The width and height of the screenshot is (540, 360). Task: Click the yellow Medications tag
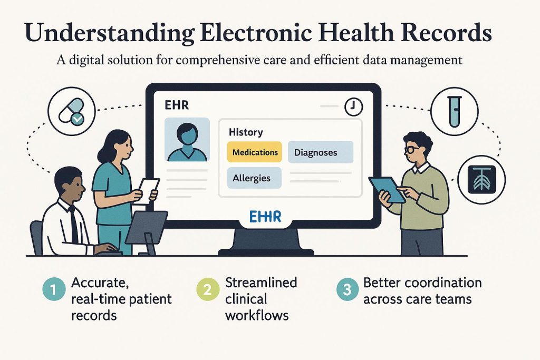(255, 152)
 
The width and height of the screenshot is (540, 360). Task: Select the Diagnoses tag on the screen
(315, 153)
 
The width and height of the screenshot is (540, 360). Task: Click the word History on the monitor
(246, 133)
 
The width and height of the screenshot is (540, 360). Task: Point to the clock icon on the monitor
(353, 107)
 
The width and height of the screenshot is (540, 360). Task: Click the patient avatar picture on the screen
(187, 140)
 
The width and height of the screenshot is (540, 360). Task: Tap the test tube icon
(454, 111)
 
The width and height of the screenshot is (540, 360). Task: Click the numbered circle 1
(51, 289)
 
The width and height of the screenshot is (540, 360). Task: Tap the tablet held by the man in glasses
(387, 188)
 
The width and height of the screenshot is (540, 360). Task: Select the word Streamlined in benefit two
(261, 283)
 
